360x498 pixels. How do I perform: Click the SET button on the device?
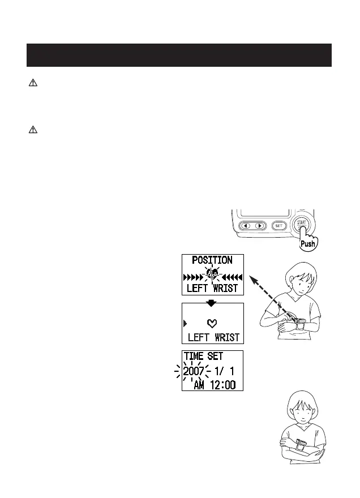point(278,225)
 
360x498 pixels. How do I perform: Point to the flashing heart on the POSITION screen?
point(212,276)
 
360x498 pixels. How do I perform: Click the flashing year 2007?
point(194,372)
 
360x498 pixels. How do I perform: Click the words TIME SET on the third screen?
point(203,357)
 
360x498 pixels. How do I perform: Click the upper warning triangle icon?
point(33,83)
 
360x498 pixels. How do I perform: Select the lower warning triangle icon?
point(33,130)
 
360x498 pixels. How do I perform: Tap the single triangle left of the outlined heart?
point(184,324)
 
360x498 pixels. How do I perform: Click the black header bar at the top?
point(180,55)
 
